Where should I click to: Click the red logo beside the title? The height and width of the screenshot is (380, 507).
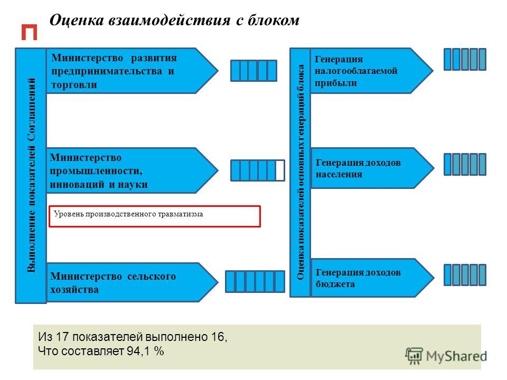(x=29, y=32)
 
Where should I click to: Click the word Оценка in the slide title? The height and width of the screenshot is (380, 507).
(x=77, y=20)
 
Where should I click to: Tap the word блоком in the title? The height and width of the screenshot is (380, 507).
(x=274, y=20)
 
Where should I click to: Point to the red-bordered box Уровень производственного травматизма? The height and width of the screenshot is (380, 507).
(x=155, y=216)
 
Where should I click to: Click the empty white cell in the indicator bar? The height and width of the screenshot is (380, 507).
(x=280, y=170)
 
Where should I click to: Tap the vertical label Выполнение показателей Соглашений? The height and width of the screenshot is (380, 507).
(x=31, y=175)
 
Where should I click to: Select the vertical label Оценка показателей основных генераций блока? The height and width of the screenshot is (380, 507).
(x=301, y=172)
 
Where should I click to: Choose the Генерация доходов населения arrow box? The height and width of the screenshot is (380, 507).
(x=372, y=168)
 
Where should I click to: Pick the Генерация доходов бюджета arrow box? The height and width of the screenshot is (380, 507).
(x=372, y=278)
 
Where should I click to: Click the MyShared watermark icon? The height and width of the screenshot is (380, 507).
(x=414, y=356)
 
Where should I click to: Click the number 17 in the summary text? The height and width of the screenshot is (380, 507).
(x=62, y=337)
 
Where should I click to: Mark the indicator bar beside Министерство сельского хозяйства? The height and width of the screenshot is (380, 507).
(x=255, y=281)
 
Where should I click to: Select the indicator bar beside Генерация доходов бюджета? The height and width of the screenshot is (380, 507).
(x=465, y=275)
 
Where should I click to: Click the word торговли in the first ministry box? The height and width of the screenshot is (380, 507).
(x=74, y=84)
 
